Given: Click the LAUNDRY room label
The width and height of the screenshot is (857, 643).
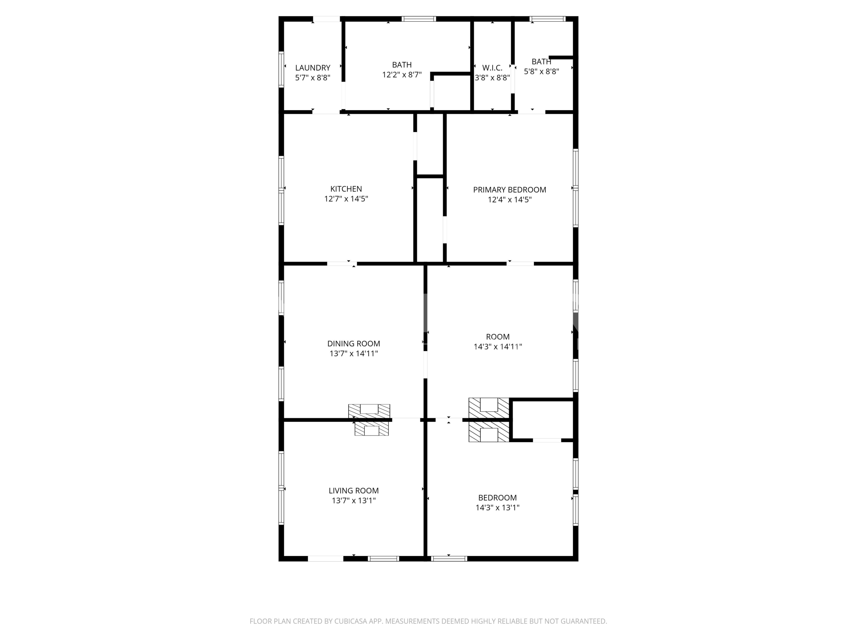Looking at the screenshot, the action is pos(313,68).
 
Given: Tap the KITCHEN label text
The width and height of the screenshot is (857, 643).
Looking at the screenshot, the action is pos(346,189).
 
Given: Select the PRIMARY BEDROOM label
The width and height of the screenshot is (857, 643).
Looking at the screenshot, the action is pos(510,190).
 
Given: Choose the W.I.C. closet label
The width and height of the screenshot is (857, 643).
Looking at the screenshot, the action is pos(492,68).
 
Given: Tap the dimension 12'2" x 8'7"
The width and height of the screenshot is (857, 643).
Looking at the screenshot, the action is pos(402,75).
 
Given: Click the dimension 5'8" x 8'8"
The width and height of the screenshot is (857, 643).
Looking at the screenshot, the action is pos(541,71).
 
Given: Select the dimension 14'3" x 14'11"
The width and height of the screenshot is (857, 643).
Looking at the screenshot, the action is pos(498,347).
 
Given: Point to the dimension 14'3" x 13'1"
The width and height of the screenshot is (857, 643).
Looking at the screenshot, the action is pos(497,507).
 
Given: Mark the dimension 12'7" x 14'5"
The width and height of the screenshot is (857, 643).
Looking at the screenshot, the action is pos(346,199).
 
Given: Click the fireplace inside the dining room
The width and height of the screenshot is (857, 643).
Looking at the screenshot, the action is pos(369,411).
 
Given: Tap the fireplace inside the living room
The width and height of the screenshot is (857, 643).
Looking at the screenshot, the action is pos(372,428).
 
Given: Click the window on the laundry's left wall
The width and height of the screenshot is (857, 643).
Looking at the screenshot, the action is pos(281,69).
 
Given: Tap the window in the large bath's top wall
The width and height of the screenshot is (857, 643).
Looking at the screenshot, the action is pos(418,19).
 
